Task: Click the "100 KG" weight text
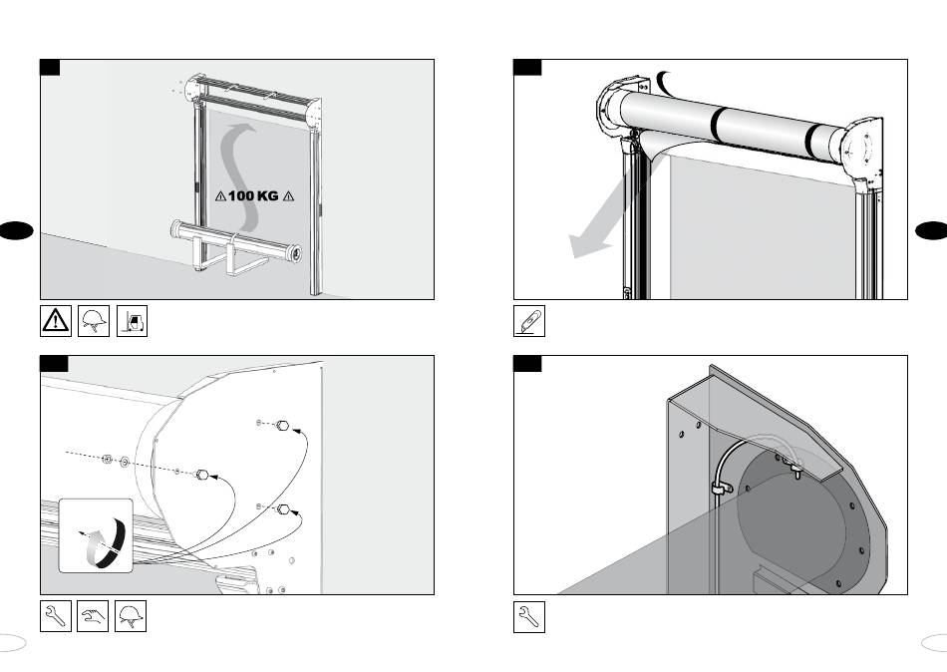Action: (253, 196)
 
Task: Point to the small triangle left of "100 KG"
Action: (220, 196)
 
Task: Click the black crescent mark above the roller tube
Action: (665, 80)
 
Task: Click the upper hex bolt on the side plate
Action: (283, 426)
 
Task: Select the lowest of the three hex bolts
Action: (283, 509)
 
